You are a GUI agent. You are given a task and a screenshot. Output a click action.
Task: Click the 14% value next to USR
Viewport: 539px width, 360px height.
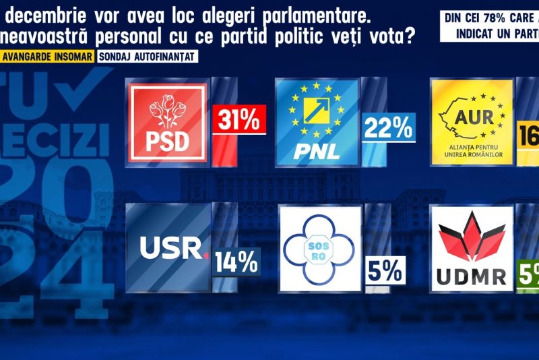[236, 262]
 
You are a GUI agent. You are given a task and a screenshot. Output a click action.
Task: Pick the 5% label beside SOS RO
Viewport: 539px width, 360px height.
[385, 271]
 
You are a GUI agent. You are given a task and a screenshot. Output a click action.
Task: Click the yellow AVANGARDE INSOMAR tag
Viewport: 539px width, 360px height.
[46, 57]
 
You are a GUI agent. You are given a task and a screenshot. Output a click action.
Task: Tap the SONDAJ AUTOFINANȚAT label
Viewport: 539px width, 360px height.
[148, 57]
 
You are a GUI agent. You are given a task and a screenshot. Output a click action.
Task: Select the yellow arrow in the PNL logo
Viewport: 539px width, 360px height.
[317, 108]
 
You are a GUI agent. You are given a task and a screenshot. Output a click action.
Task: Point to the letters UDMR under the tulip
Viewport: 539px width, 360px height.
[471, 277]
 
